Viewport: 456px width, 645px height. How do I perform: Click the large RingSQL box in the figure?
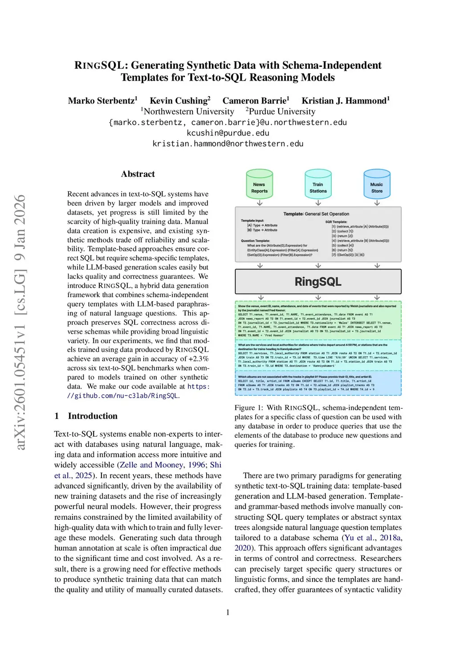318,282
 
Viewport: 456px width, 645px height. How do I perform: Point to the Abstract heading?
138,174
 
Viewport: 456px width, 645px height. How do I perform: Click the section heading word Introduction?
93,416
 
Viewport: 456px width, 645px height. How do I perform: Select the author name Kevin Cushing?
179,101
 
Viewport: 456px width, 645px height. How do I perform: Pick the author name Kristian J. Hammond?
344,101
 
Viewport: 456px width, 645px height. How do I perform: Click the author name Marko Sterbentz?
101,101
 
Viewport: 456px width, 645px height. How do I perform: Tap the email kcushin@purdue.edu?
228,133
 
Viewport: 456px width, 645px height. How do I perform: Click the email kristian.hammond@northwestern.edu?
228,143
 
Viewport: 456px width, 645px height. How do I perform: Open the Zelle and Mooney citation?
151,465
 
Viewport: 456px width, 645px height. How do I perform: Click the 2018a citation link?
391,538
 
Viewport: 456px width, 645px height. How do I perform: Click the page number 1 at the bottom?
228,612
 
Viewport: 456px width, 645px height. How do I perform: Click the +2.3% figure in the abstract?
199,359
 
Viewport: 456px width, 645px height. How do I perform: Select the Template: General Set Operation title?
316,214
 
